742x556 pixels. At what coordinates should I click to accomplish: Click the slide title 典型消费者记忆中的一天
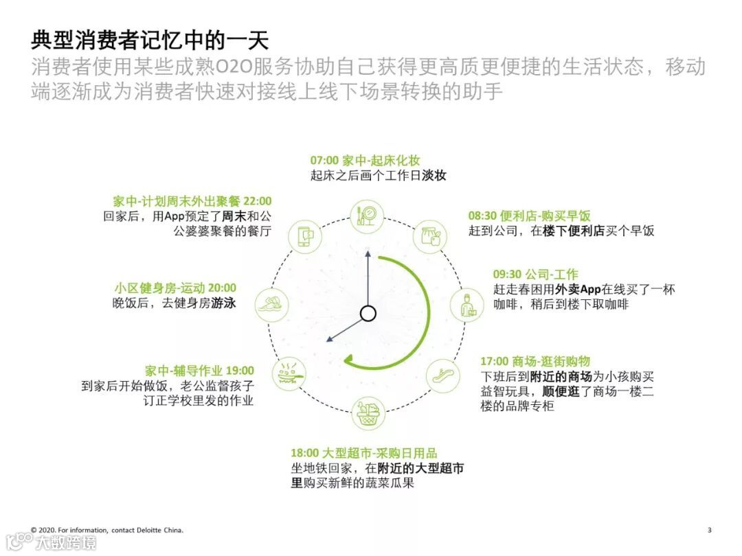149,39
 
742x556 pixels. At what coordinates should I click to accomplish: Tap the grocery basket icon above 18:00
369,413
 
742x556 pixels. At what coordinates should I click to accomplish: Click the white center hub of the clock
368,314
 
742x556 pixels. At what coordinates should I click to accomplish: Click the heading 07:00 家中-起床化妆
365,161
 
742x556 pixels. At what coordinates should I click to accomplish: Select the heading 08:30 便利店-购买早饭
529,216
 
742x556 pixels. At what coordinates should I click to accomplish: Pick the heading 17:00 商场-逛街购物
535,362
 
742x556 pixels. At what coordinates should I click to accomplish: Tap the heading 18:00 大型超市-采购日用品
363,454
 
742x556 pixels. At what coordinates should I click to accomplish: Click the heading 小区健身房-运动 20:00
175,288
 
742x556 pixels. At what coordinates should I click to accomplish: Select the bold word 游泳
223,303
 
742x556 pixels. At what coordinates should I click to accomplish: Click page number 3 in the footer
710,530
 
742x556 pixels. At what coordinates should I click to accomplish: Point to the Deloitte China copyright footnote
107,530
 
